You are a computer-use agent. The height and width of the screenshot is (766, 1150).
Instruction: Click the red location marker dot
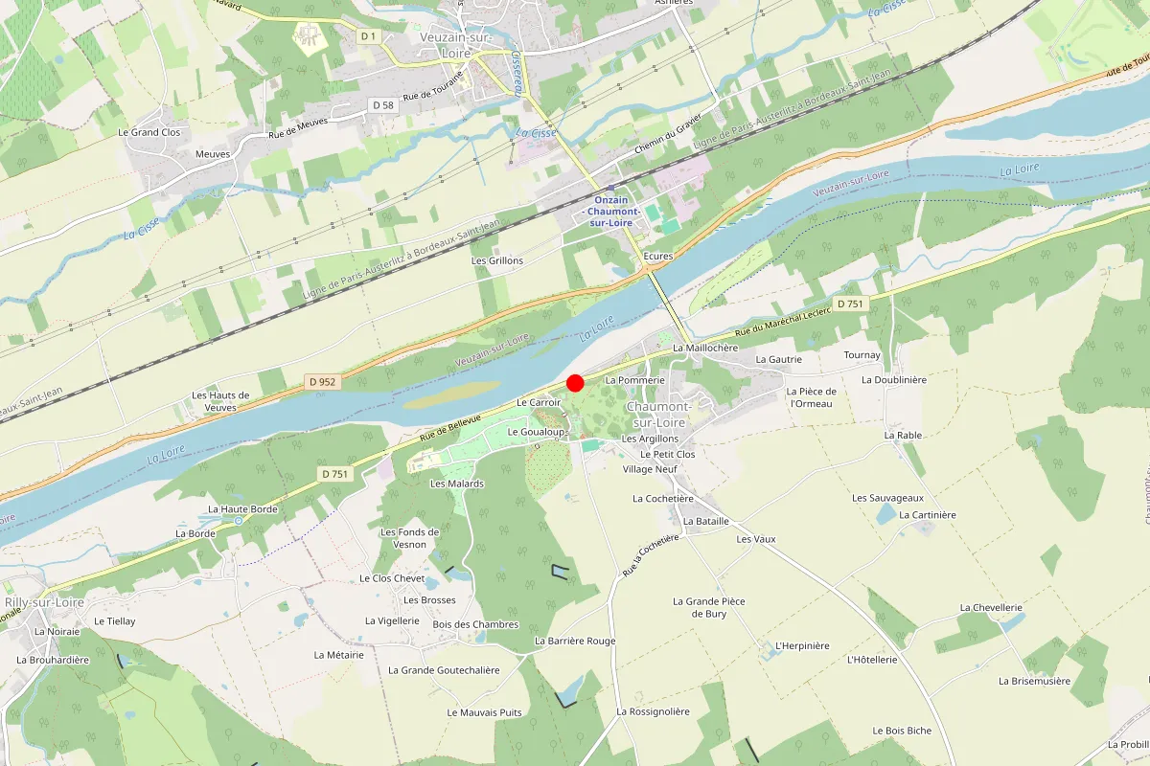[x=575, y=383]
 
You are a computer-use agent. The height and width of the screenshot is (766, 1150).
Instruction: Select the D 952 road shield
[x=323, y=381]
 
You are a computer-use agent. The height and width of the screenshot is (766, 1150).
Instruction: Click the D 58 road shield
[x=382, y=104]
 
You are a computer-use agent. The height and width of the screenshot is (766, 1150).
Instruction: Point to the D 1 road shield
[x=369, y=36]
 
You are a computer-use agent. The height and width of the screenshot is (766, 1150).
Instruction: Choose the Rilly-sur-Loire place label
[x=44, y=602]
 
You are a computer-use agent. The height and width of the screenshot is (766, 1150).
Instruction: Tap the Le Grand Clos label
[x=149, y=132]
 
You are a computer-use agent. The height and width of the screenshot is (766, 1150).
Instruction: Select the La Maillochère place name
[x=705, y=348]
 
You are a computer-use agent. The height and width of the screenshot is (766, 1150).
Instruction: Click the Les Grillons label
[x=497, y=260]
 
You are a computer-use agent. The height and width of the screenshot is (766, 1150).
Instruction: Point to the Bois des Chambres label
[x=475, y=624]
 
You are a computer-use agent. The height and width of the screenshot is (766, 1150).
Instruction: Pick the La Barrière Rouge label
[x=575, y=641]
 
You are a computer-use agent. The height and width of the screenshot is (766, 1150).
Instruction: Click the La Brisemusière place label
[x=1034, y=681]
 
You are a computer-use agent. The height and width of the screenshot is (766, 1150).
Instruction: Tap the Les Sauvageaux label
[x=887, y=498]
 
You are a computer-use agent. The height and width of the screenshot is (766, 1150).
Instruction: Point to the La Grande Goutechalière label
[x=444, y=670]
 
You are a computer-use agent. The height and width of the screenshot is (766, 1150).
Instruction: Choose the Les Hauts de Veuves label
[x=220, y=400]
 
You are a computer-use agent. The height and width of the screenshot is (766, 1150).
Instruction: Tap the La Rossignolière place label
[x=653, y=711]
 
